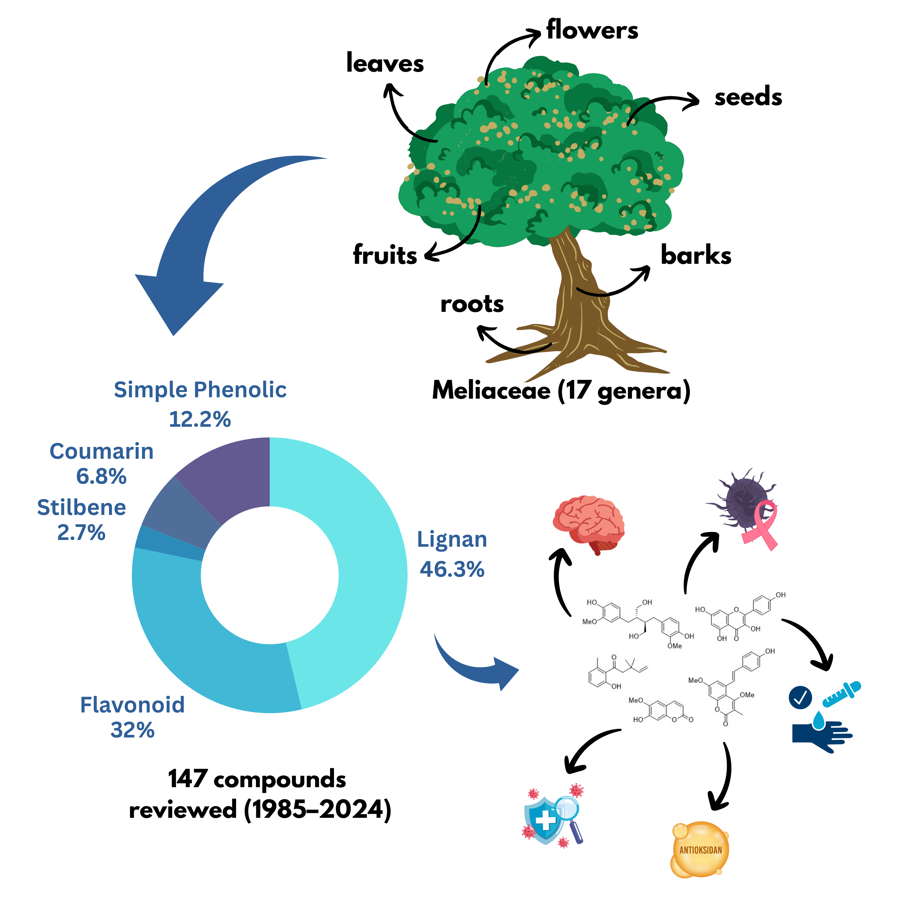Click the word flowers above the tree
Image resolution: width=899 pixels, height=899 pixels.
coord(592,30)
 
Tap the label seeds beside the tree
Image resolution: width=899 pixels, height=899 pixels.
coord(748,97)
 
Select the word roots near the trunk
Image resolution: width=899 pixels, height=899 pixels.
coord(472,304)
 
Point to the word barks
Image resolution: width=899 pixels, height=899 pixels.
coord(696,255)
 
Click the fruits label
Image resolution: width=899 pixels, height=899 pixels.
coord(385,255)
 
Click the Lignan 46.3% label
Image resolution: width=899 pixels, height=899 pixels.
coord(452,554)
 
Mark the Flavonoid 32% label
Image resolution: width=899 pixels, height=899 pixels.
coord(133,717)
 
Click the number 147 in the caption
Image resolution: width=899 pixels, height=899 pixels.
coord(187,779)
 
